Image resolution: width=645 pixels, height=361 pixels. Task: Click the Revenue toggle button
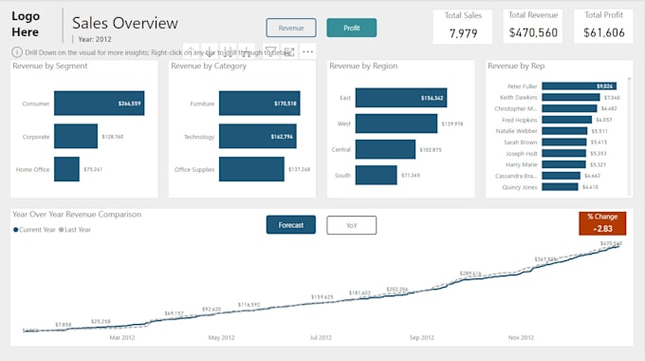(291, 28)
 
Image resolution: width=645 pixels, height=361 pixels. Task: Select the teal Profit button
(351, 28)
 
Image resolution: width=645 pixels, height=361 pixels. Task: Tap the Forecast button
(290, 225)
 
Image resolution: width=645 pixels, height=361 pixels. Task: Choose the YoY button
(351, 225)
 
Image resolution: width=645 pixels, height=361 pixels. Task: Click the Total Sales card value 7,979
(462, 33)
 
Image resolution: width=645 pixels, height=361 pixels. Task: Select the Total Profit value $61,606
(603, 33)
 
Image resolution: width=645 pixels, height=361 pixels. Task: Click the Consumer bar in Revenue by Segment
(99, 104)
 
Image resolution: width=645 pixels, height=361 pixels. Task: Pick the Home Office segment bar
(66, 169)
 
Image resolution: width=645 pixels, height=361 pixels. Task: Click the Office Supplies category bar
(251, 169)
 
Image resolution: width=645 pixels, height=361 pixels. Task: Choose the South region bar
(377, 175)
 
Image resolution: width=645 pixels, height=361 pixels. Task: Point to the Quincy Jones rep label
(519, 187)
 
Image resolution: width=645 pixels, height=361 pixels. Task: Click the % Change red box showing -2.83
(602, 223)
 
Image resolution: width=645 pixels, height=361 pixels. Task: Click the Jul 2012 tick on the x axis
(321, 337)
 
